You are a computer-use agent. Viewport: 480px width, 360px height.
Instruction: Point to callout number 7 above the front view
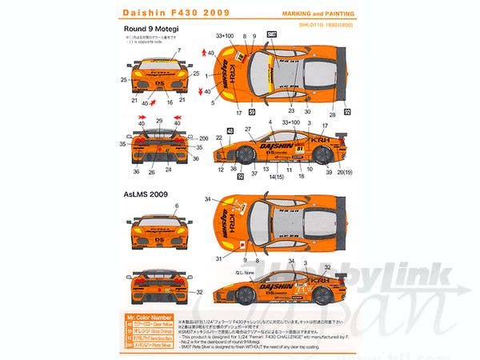(178, 50)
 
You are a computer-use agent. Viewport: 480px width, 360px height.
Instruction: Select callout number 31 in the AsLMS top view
(218, 258)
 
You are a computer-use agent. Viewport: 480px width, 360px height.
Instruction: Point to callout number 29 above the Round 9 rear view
(159, 119)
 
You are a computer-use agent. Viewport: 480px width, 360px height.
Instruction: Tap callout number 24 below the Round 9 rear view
(168, 170)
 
